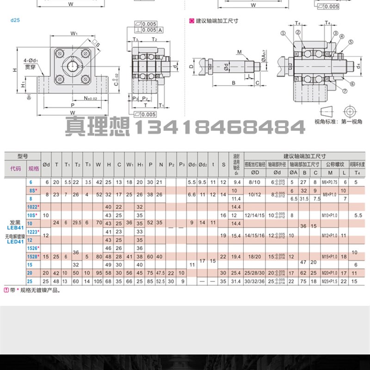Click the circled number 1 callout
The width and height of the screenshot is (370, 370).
[x=283, y=33]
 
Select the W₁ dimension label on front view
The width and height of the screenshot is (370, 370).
[x=74, y=33]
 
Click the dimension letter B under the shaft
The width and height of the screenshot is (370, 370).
[x=234, y=83]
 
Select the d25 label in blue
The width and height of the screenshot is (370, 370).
[x=15, y=20]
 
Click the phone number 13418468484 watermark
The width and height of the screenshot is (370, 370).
[x=219, y=127]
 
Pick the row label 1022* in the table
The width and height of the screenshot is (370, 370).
[x=32, y=206]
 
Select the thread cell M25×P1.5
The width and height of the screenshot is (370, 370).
[x=333, y=281]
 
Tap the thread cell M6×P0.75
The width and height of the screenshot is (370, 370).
[x=333, y=182]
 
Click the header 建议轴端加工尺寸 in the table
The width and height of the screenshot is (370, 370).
[x=299, y=156]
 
